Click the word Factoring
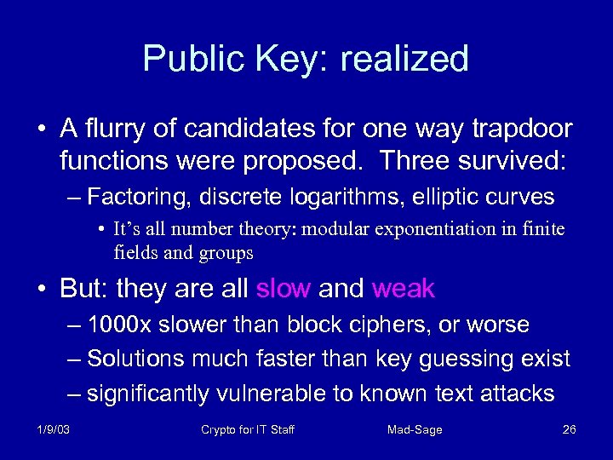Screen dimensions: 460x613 point(140,198)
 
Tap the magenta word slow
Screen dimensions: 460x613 point(283,289)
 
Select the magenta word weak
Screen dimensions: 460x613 point(404,289)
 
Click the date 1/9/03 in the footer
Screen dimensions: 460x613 point(53,429)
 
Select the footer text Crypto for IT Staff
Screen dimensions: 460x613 point(247,429)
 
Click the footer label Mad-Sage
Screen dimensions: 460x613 point(415,429)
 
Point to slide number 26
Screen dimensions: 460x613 point(570,429)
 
